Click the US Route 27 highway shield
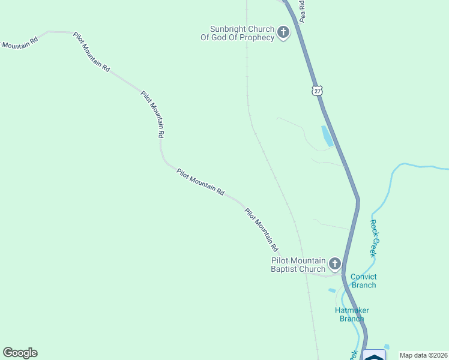pyautogui.click(x=317, y=90)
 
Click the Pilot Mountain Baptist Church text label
pyautogui.click(x=298, y=265)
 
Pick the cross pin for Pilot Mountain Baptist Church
pyautogui.click(x=334, y=263)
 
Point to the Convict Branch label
pyautogui.click(x=364, y=281)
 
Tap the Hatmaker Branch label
pyautogui.click(x=352, y=314)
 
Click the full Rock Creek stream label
pyautogui.click(x=373, y=239)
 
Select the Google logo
pyautogui.click(x=20, y=353)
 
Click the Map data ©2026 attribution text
pyautogui.click(x=423, y=355)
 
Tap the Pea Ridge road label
pyautogui.click(x=303, y=11)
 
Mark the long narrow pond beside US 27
pyautogui.click(x=327, y=136)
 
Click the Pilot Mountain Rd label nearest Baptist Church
pyautogui.click(x=262, y=229)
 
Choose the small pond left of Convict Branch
pyautogui.click(x=332, y=290)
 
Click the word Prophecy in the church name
pyautogui.click(x=256, y=37)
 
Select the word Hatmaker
pyautogui.click(x=352, y=310)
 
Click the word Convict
pyautogui.click(x=364, y=277)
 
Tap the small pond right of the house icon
pyautogui.click(x=387, y=347)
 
